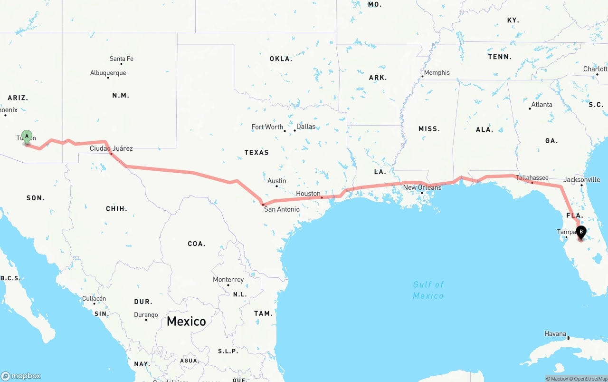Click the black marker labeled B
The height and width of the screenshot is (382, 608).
pos(580,232)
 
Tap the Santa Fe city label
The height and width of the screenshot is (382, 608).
pos(121,59)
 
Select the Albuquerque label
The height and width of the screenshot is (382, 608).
pos(108,73)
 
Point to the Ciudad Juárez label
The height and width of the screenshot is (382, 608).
pos(111,148)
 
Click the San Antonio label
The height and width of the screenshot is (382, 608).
pos(282,209)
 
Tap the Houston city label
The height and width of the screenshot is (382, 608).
pos(308,194)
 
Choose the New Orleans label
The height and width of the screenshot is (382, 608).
pos(422,187)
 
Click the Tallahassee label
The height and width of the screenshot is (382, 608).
pos(532,178)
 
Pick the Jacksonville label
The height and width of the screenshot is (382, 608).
pos(581,180)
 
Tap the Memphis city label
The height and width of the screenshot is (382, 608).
pos(437,73)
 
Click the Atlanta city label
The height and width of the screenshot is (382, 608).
pos(541,105)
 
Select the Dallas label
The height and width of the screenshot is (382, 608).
pos(305,127)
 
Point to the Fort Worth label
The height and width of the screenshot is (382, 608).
pos(267,127)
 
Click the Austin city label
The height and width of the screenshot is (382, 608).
pos(276,181)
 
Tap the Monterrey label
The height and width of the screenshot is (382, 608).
pos(228,280)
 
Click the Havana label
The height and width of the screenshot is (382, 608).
pos(555,334)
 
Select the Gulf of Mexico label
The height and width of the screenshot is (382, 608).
pos(428,290)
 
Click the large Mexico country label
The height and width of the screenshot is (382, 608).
pos(186,322)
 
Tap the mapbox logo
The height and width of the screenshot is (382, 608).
pos(21,376)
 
